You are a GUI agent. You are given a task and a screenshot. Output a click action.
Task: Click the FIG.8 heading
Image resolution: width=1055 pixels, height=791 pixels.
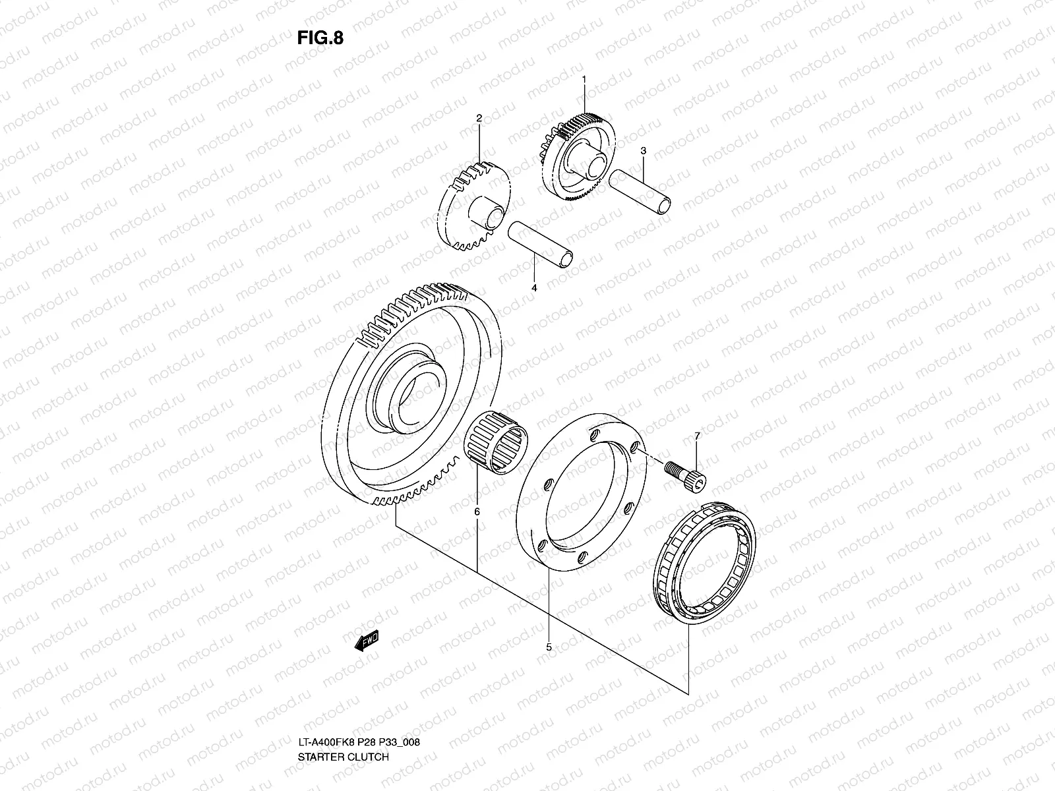coord(320,38)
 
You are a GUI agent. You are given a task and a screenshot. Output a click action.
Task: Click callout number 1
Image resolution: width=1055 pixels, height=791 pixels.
coord(584,79)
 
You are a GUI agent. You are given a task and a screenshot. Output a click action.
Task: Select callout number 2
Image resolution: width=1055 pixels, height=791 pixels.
coord(498,119)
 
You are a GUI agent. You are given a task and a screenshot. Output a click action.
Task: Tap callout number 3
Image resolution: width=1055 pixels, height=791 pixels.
coord(643,150)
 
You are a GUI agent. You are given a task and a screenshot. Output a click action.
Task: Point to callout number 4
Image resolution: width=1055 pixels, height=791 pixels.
coord(534,288)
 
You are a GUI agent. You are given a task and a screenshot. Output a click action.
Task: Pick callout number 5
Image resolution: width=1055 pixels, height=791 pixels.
coord(549,647)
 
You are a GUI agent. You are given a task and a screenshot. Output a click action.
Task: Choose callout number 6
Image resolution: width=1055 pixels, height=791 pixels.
coord(476,511)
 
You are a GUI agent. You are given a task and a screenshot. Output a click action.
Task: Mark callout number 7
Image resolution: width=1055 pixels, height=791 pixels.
coord(697,436)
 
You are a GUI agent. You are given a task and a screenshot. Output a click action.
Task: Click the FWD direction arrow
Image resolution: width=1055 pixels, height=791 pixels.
coord(367,640)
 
